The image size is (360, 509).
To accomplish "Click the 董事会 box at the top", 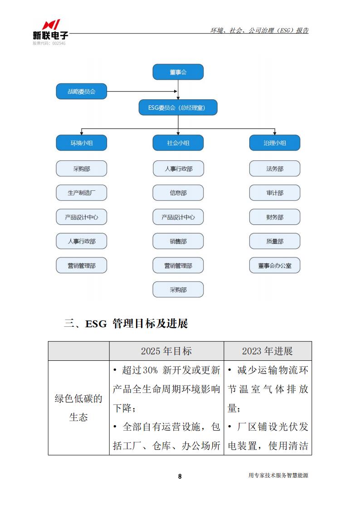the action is [x=178, y=72].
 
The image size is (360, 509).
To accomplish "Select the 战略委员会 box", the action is [x=82, y=92].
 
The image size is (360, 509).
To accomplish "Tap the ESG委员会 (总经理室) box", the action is [x=178, y=107].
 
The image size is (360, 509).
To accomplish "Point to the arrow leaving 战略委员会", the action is [x=142, y=91].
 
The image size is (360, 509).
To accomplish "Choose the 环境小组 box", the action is [x=82, y=143].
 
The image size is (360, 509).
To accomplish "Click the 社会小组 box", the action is [x=178, y=143].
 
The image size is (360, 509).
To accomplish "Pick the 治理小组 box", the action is [x=275, y=143].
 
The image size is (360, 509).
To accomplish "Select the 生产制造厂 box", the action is [x=82, y=193].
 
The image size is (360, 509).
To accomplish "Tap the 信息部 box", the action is [x=178, y=193].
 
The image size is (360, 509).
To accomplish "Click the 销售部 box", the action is [x=178, y=241].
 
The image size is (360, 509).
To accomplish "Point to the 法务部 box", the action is [x=275, y=169].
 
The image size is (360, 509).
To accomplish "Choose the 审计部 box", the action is [x=275, y=193].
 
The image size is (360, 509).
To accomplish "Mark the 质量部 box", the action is [x=275, y=241].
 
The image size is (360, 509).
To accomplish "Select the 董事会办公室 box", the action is [x=275, y=266].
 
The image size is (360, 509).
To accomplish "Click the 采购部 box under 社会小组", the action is [x=178, y=290].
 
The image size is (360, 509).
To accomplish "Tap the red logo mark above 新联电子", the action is [x=51, y=24].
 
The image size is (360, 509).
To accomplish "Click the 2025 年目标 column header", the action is [x=166, y=351].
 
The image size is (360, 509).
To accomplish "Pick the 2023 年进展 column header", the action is [x=268, y=351].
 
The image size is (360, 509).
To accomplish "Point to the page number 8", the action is [x=180, y=476].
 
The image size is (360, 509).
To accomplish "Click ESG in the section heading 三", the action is [x=96, y=324].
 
